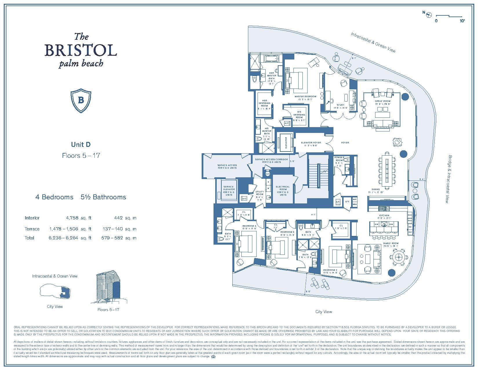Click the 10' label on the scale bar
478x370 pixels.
[462, 21]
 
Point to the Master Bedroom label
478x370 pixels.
[305, 98]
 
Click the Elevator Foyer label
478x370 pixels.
[311, 144]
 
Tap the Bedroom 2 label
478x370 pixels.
[330, 271]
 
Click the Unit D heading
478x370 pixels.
[81, 144]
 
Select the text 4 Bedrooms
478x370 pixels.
[54, 197]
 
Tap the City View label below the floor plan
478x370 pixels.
[324, 312]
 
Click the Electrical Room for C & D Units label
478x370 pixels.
[282, 191]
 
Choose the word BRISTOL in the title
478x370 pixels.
[81, 50]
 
